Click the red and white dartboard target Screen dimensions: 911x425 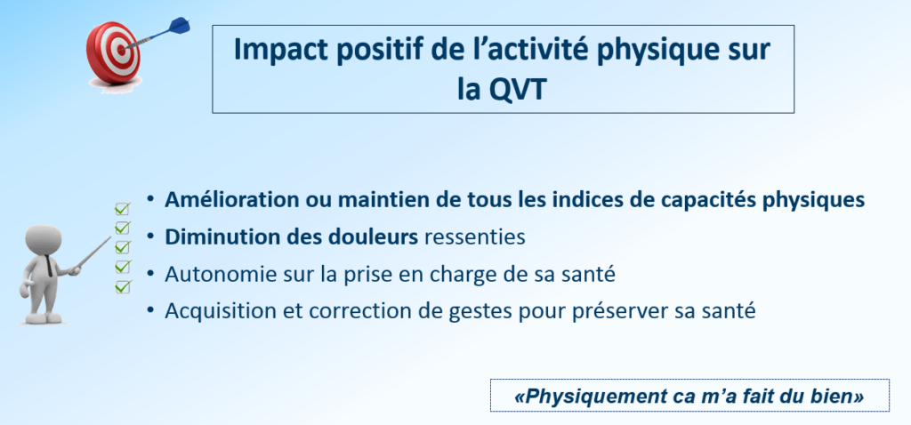[113, 52]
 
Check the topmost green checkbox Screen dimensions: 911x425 [122, 208]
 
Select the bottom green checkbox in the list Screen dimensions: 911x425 [122, 286]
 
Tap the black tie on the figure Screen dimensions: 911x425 [49, 267]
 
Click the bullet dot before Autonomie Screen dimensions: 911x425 [151, 274]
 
